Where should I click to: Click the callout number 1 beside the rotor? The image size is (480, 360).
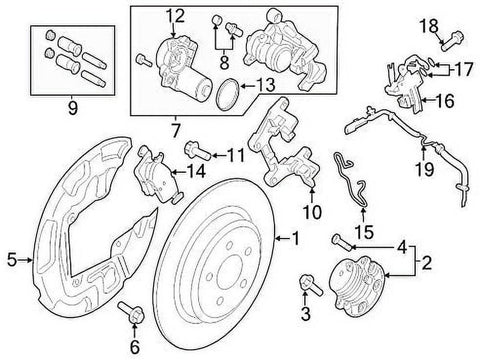(x=294, y=238)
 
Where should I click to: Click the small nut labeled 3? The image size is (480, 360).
(x=305, y=289)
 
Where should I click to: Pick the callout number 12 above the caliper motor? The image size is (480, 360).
(x=176, y=14)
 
